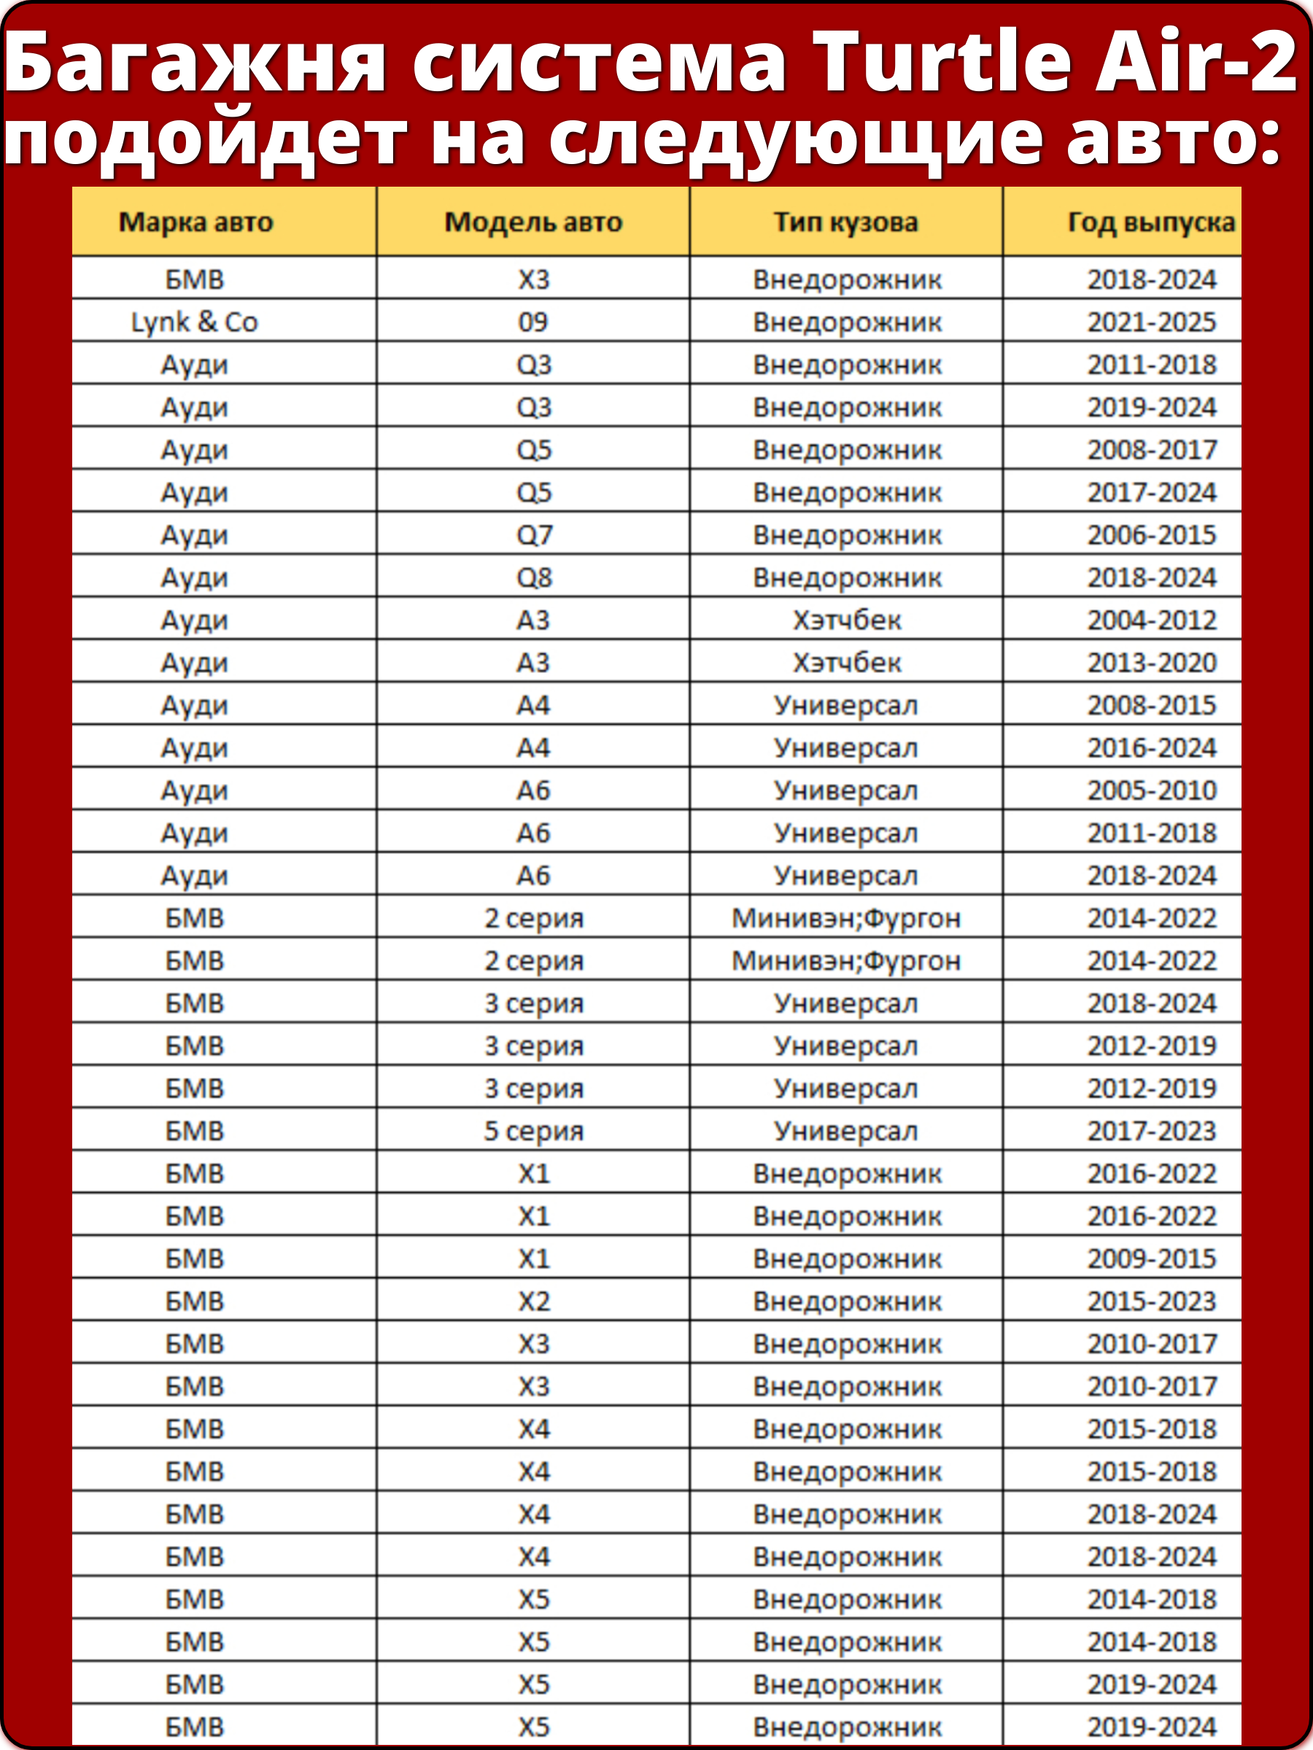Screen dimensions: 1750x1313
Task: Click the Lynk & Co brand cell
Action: (x=195, y=322)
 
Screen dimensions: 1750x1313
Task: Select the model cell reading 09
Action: (x=532, y=322)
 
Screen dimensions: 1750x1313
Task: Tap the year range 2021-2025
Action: (x=1152, y=322)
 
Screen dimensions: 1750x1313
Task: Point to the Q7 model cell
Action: (x=533, y=534)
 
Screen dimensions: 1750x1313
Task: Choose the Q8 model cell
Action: (x=533, y=577)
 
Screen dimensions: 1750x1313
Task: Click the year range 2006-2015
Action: (x=1152, y=534)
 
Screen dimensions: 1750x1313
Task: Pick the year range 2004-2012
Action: (x=1152, y=621)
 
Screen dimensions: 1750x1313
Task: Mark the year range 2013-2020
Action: (x=1152, y=663)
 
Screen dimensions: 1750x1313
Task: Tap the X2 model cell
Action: (x=533, y=1302)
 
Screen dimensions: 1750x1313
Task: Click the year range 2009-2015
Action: (x=1152, y=1259)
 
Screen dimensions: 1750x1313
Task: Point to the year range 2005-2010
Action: (x=1152, y=790)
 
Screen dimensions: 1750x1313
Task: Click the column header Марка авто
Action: (x=195, y=222)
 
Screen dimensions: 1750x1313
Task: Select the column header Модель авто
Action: (x=533, y=222)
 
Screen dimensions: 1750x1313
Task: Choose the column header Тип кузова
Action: (x=846, y=222)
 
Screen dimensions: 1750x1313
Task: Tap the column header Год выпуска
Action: (x=1152, y=222)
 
